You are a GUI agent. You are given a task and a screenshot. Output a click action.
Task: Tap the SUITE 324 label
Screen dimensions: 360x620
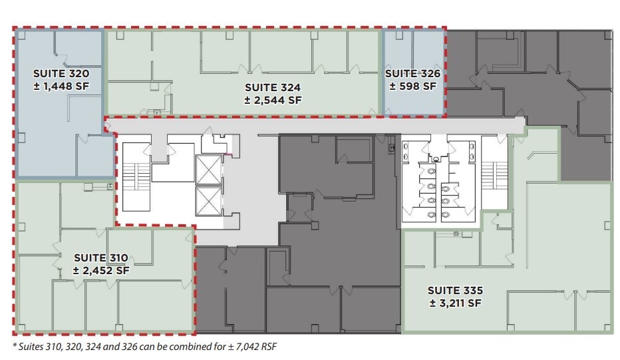pos(273,87)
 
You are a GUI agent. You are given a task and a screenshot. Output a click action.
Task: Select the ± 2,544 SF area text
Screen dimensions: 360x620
pos(273,100)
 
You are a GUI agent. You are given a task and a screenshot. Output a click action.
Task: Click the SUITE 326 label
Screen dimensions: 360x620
pos(412,73)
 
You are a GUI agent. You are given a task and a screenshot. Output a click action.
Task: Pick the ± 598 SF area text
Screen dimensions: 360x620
pos(412,86)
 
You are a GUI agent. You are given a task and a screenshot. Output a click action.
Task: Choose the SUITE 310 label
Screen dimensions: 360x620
pos(101,258)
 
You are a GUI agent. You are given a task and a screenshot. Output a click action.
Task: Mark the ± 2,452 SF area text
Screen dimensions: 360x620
pos(101,270)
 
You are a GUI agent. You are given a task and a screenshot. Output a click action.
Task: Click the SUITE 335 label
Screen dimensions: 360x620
pos(455,290)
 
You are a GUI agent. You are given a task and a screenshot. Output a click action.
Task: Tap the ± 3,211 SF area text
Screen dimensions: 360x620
pos(455,303)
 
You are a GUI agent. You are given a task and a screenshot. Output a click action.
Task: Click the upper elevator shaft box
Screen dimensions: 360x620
pos(208,170)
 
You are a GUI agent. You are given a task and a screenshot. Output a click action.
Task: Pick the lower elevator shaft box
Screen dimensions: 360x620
pos(208,201)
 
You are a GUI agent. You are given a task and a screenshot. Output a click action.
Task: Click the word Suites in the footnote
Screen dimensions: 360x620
pos(31,346)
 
